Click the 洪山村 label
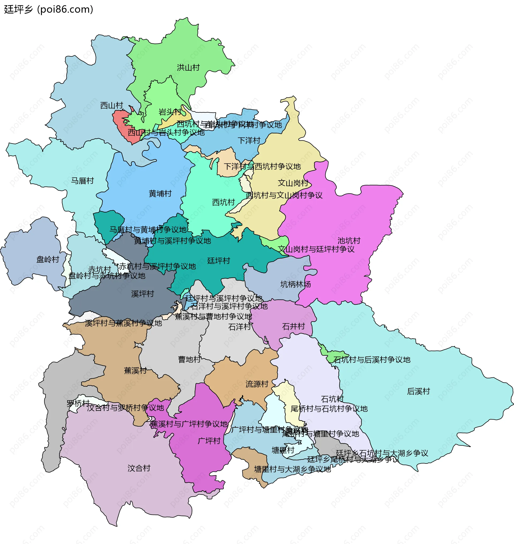pos(188,67)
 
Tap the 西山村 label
pos(112,105)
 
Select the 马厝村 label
pos(82,181)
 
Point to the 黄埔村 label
pos(160,194)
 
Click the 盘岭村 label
pos(48,259)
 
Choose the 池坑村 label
pos(349,241)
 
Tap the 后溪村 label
pos(418,391)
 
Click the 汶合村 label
pos(139,468)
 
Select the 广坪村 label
pos(209,441)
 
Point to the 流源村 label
pos(257,384)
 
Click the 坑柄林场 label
pos(295,285)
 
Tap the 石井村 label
pos(293,326)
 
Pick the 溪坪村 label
pos(142,294)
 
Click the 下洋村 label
pos(249,140)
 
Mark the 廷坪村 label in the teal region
pos(218,261)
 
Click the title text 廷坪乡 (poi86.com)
pos(49,9)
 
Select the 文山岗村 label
pos(293,183)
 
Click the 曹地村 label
pos(189,359)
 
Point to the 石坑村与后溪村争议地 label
pos(372,360)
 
